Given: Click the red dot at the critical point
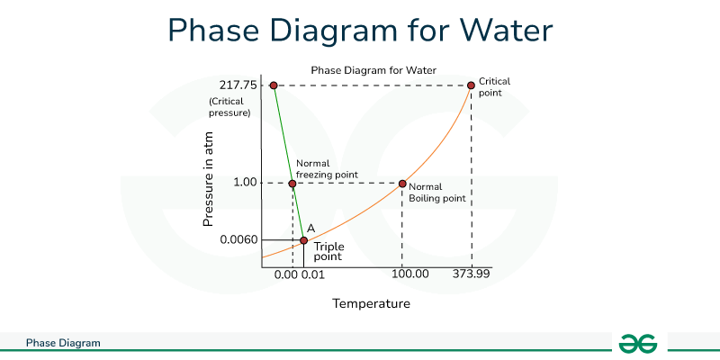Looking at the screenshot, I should tap(470, 85).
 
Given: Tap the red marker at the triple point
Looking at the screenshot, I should tap(304, 240).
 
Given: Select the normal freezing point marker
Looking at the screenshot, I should tap(292, 184).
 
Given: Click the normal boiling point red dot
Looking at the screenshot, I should tap(402, 184).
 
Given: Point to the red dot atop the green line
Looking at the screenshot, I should tap(274, 85).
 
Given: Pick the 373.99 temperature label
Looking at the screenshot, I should tap(470, 274).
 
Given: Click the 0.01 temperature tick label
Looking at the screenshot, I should tap(313, 274).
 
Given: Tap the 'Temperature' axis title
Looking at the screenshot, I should tap(371, 303).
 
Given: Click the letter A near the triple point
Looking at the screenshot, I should tap(310, 229).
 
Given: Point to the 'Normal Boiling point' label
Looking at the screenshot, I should tap(436, 193).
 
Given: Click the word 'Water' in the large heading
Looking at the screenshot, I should tap(501, 31).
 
